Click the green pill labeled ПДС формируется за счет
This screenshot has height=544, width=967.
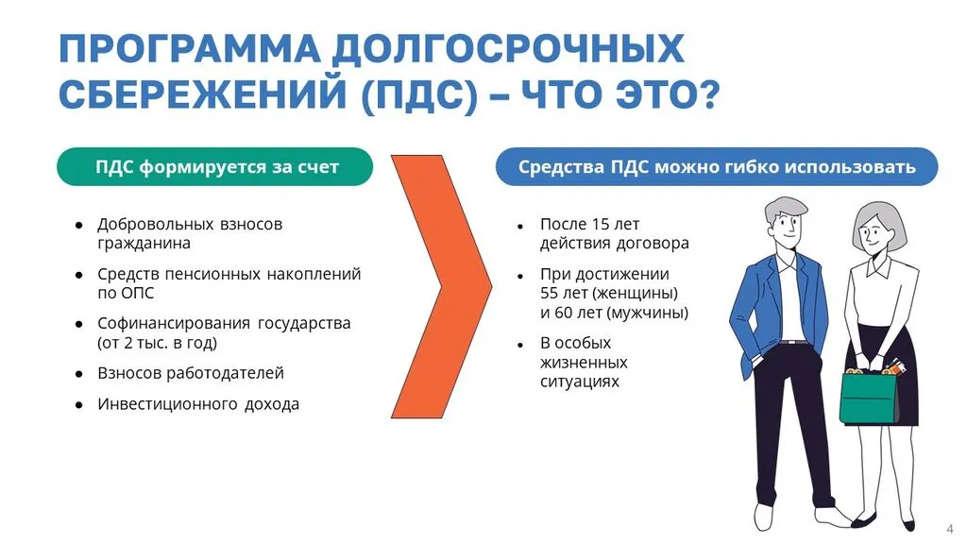pos(215,167)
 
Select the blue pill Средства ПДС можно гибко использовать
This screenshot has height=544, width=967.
pos(717,167)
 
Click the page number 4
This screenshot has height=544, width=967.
pos(948,525)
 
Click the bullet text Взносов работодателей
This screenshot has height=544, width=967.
pos(190,372)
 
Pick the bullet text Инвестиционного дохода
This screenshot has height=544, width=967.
pos(198,403)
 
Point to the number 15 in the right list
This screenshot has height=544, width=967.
pos(602,224)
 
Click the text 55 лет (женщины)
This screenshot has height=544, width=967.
pos(608,293)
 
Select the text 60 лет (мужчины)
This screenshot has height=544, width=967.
pos(614,313)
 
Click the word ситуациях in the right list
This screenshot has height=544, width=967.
pos(580,381)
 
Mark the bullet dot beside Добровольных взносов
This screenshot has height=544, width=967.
pos(79,225)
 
